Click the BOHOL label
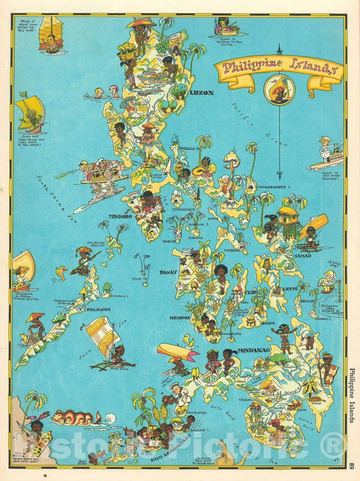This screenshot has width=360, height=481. pos(267,323)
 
